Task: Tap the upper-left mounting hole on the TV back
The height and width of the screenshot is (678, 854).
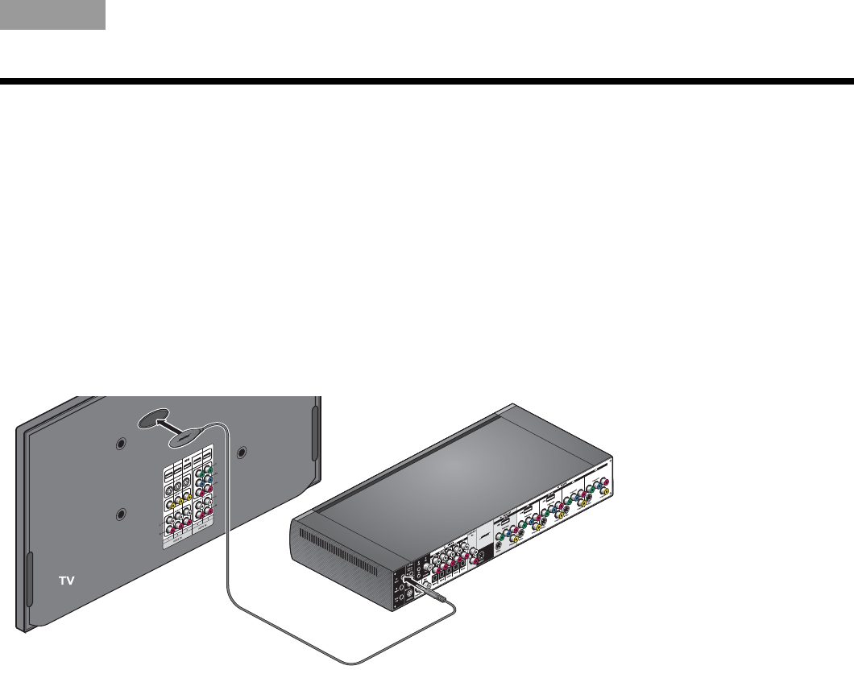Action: coord(121,444)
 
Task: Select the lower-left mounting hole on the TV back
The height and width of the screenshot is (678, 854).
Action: coord(121,514)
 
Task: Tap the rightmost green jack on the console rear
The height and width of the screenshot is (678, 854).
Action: coord(592,490)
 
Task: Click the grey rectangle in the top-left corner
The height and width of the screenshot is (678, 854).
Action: coord(52,14)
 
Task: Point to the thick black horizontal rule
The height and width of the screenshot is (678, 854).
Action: coord(427,81)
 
